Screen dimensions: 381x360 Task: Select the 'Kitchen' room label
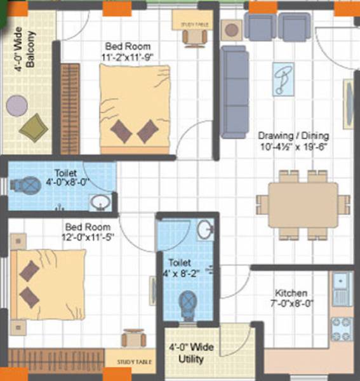click(x=291, y=293)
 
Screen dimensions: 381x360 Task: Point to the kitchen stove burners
click(x=341, y=328)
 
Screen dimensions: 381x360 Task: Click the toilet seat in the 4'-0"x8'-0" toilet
click(x=29, y=185)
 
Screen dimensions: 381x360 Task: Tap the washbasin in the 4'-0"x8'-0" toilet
click(x=98, y=203)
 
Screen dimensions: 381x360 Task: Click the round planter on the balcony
click(x=14, y=103)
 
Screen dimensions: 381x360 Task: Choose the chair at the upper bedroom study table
click(x=194, y=37)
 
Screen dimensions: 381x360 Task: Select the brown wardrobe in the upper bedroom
click(x=69, y=109)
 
